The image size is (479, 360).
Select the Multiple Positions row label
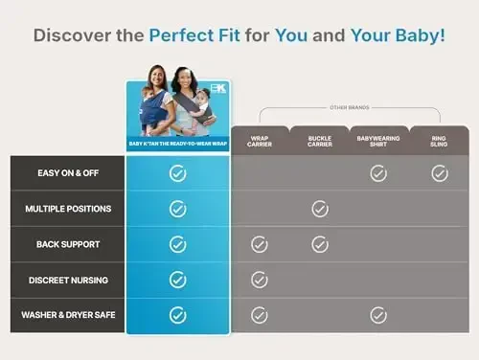(x=68, y=209)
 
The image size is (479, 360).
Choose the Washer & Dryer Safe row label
(x=67, y=315)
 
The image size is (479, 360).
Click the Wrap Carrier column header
(x=259, y=141)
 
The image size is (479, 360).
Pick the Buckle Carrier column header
(x=319, y=141)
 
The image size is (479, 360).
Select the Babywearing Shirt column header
(x=378, y=141)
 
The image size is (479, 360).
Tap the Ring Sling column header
(x=439, y=141)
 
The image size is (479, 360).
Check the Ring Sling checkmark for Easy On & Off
(x=439, y=173)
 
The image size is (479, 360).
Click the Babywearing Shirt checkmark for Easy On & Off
(x=378, y=173)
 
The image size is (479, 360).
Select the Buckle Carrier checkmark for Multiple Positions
(x=320, y=209)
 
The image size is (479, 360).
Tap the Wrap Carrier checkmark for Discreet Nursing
(x=259, y=280)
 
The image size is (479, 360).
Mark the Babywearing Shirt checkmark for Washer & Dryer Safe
(x=378, y=315)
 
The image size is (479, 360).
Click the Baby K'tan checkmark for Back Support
(x=177, y=244)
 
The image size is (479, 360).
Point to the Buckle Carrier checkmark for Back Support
(x=320, y=244)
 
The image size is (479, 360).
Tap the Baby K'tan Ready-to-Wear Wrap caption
(x=177, y=144)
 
